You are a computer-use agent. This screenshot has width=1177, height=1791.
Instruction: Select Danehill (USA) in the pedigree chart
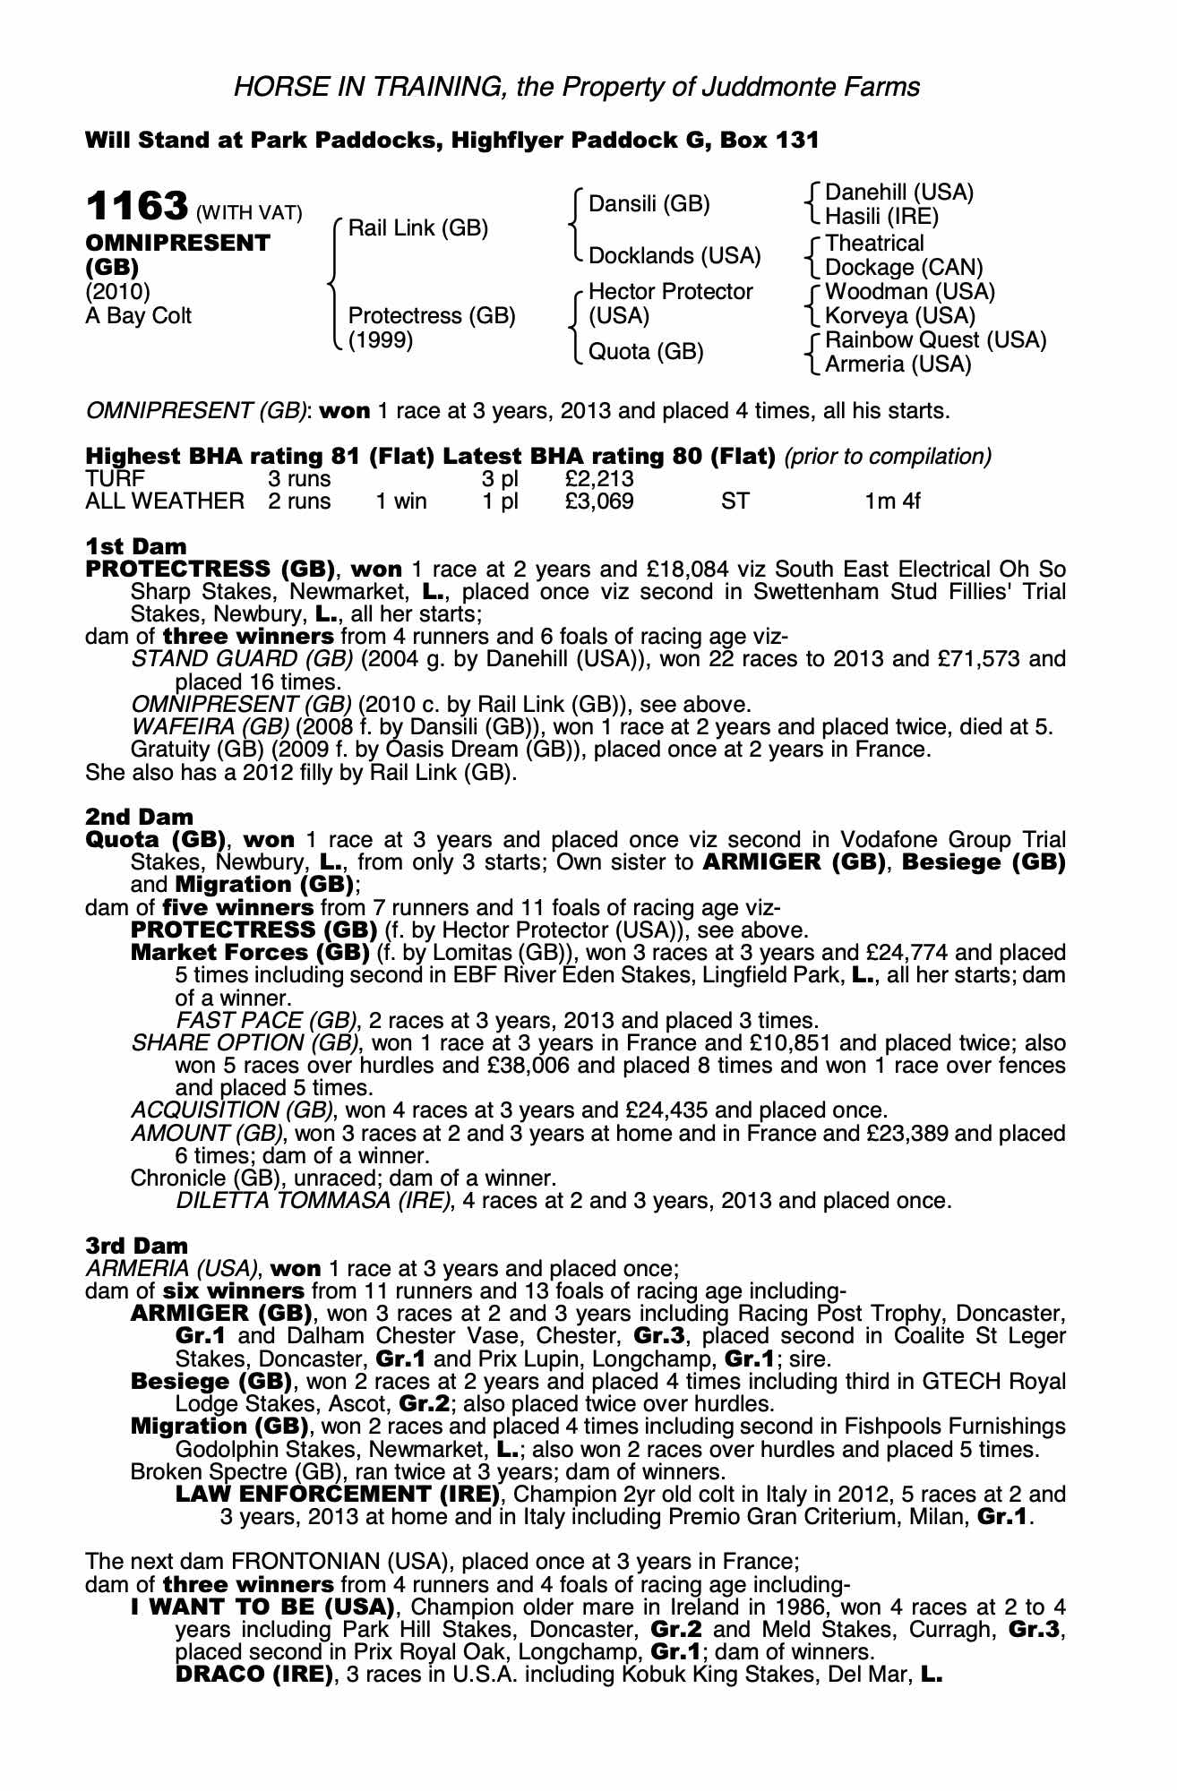898,193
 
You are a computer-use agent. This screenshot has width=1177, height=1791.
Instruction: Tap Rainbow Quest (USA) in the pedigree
935,340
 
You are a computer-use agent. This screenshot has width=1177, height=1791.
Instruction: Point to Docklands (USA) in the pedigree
674,256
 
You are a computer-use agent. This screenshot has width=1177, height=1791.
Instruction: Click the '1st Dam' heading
136,546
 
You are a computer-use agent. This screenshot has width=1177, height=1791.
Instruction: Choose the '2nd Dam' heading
139,817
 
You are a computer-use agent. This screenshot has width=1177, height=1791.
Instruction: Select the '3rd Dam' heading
137,1246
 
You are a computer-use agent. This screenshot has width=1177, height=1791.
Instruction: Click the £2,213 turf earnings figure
599,479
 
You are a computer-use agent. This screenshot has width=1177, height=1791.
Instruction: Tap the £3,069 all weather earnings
599,501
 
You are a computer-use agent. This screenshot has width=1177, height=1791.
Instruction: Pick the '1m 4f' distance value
892,501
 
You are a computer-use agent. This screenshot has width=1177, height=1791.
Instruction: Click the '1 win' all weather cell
401,501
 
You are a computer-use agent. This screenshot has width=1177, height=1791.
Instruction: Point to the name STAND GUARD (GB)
242,660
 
